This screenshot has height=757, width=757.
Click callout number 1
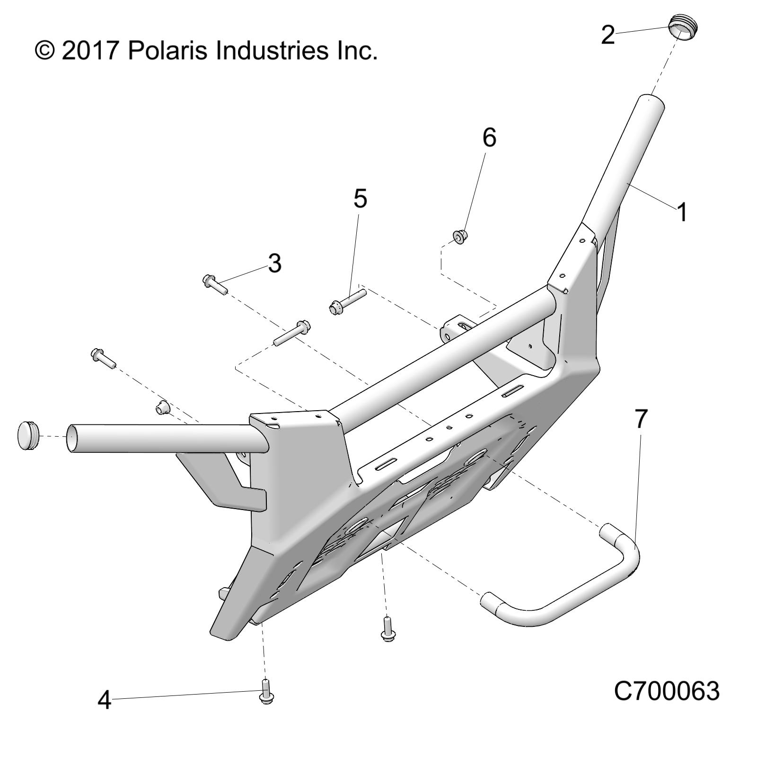[681, 212]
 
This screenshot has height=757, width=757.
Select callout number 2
[608, 35]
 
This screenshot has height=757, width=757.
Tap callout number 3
[274, 263]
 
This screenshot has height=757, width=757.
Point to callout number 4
[104, 700]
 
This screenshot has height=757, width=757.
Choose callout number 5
[360, 199]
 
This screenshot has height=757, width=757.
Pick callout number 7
[640, 419]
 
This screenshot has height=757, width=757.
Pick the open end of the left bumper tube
[71, 438]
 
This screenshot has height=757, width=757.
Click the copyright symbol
[44, 51]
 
